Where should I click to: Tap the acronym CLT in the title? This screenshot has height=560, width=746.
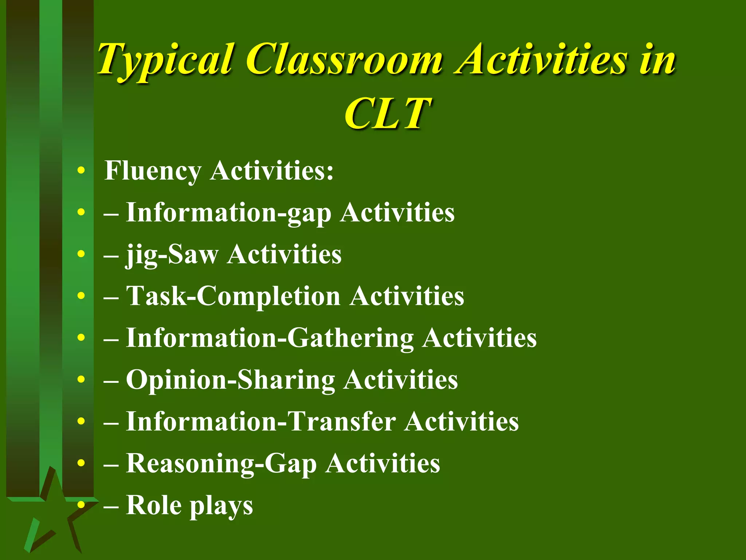pyautogui.click(x=388, y=114)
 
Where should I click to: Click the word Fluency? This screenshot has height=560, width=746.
pyautogui.click(x=153, y=171)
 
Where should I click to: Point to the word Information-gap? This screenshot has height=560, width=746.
pyautogui.click(x=228, y=213)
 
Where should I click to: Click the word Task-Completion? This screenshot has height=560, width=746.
pyautogui.click(x=233, y=296)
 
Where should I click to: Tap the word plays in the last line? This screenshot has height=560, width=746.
pyautogui.click(x=221, y=506)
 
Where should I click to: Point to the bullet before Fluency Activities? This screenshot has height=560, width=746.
pyautogui.click(x=81, y=170)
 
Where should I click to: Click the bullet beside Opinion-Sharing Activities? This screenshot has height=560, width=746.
pyautogui.click(x=81, y=380)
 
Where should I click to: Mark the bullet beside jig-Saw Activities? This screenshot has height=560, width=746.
pyautogui.click(x=81, y=254)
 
